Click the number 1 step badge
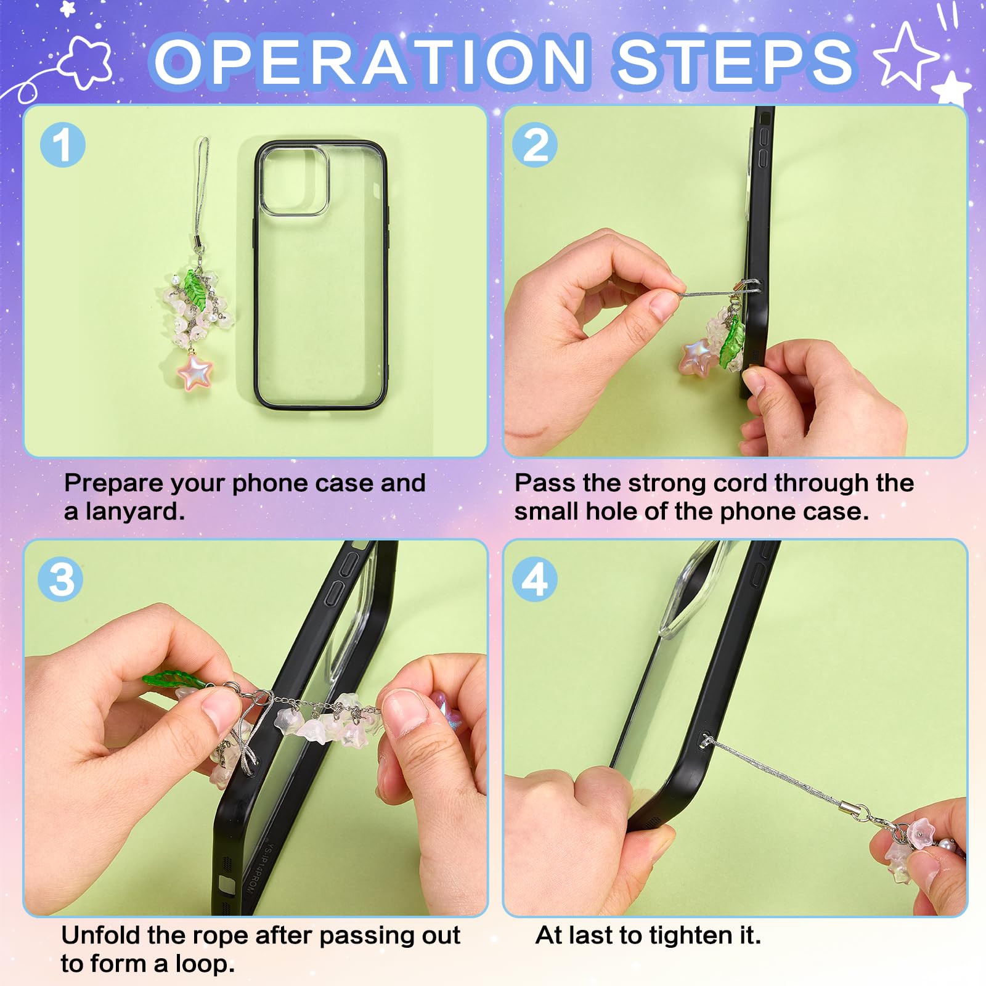(63, 145)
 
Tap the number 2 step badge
(535, 145)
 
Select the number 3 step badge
(60, 579)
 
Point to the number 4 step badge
(535, 579)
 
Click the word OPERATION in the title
(370, 62)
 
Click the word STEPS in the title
(735, 62)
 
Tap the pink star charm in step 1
(195, 372)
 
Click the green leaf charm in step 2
(733, 344)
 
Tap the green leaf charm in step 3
(173, 680)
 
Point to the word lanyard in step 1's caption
(135, 511)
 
